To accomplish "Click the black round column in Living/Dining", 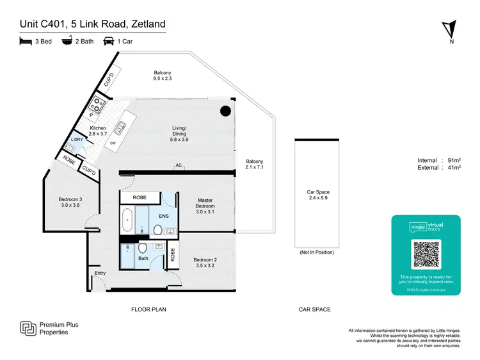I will click(x=225, y=111).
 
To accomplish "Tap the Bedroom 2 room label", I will click(x=205, y=263).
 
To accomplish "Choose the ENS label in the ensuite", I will click(x=164, y=216).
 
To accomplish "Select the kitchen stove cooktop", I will click(x=98, y=104).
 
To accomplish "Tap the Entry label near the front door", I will click(x=100, y=274).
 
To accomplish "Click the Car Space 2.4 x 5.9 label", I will click(x=317, y=195).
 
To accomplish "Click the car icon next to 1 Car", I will click(x=109, y=42).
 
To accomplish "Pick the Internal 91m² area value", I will click(x=440, y=160).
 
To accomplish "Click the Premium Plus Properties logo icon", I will click(x=28, y=329).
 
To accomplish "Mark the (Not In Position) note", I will click(x=317, y=252).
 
